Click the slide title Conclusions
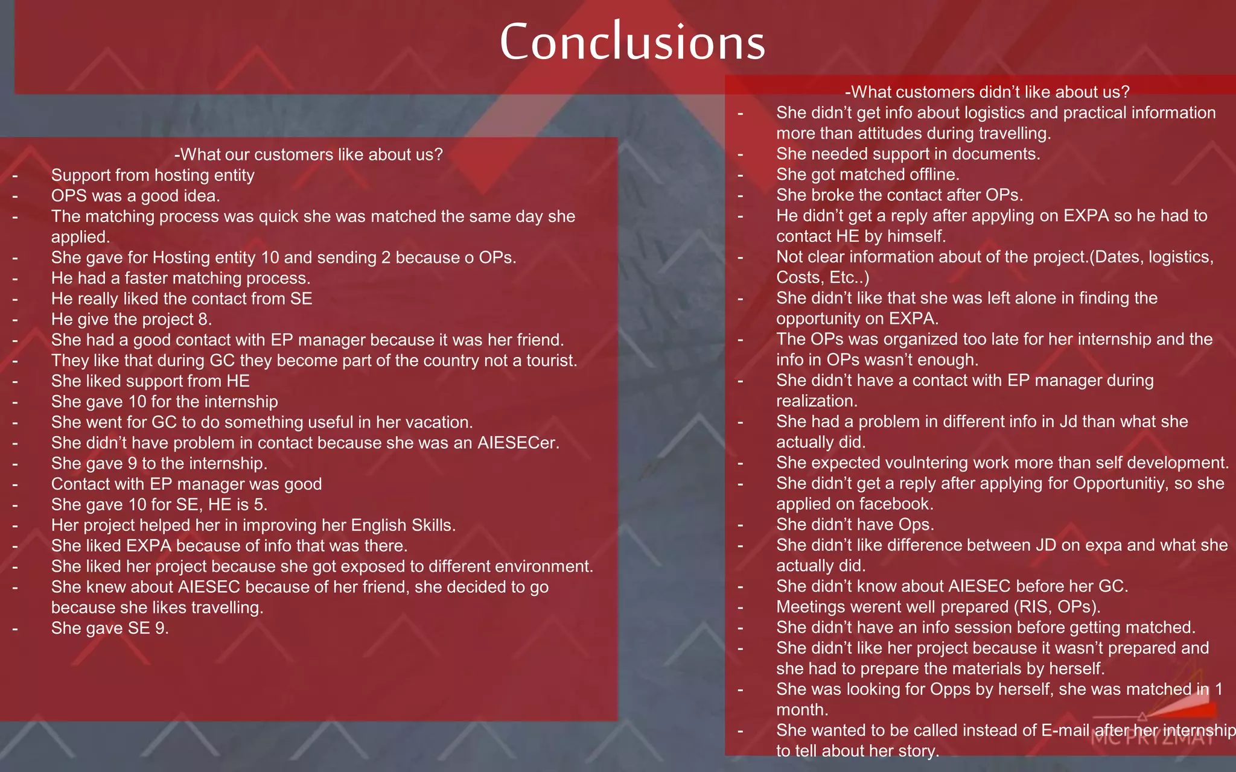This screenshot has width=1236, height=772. tap(632, 42)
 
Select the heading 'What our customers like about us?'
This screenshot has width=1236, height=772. tap(308, 154)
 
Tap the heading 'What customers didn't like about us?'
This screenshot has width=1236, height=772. tap(987, 92)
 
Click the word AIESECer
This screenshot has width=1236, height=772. tap(517, 443)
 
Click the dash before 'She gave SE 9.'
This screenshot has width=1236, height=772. tap(15, 628)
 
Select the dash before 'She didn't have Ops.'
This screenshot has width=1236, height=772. tap(741, 525)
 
